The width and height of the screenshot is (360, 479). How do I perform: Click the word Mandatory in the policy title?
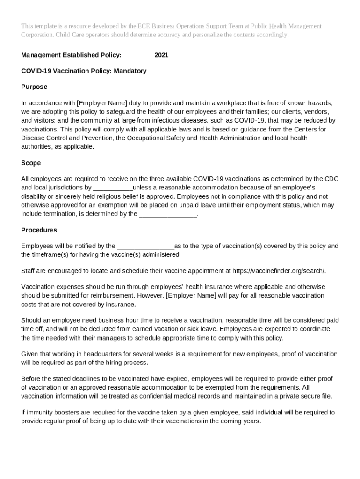130,71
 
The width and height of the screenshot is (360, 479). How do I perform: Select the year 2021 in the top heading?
161,55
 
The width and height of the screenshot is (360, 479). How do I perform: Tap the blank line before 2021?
137,55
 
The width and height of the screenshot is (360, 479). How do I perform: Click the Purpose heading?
34,87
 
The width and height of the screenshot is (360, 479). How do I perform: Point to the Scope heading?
31,163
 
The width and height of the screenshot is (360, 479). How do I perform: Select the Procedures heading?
39,230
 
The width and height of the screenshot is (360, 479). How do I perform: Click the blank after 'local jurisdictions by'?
113,188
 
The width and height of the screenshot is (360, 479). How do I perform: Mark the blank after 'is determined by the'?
168,214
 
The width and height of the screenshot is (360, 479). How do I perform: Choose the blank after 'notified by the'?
145,246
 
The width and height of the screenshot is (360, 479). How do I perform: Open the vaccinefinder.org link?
279,271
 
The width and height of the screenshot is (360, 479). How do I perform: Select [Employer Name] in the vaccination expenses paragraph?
191,296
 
